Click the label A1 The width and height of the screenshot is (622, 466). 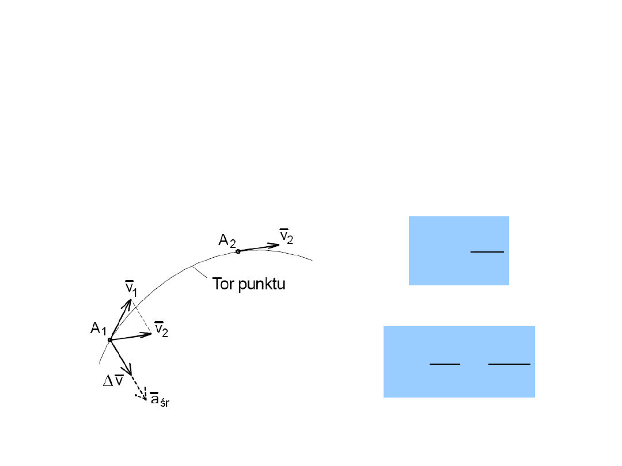coord(98,329)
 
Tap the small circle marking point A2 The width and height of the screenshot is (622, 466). coord(238,251)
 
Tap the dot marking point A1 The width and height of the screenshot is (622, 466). coord(109,340)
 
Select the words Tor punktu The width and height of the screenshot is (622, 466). coord(249,284)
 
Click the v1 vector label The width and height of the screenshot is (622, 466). coord(131,288)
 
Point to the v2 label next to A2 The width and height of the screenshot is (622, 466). coord(286,236)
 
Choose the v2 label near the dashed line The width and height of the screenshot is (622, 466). coord(162,330)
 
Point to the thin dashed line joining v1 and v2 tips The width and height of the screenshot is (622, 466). coord(142,317)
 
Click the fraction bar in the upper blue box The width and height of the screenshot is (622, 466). coord(487,251)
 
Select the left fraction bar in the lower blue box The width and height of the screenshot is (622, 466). coord(445,364)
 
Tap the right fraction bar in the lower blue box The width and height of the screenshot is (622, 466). coord(509,364)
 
